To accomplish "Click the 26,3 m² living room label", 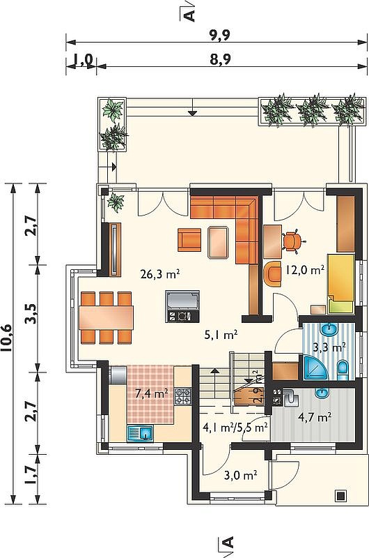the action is coord(159,274).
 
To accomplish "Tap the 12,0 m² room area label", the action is coord(304,270).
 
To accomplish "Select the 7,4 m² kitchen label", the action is coord(152,393).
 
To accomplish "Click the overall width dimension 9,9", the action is coord(219,35).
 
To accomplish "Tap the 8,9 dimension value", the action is coord(220,59).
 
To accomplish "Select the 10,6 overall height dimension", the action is coord(8,338).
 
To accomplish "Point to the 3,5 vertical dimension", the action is coord(31,313).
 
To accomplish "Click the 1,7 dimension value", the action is coord(31,475).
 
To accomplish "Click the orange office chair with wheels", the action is coord(294,241).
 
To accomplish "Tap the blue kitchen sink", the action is coord(140,433).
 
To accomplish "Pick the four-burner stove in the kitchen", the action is coord(183,396).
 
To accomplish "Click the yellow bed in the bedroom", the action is coord(340,283).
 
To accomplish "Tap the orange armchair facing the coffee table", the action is coord(189,240).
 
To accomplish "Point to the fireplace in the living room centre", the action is coord(182,306).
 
